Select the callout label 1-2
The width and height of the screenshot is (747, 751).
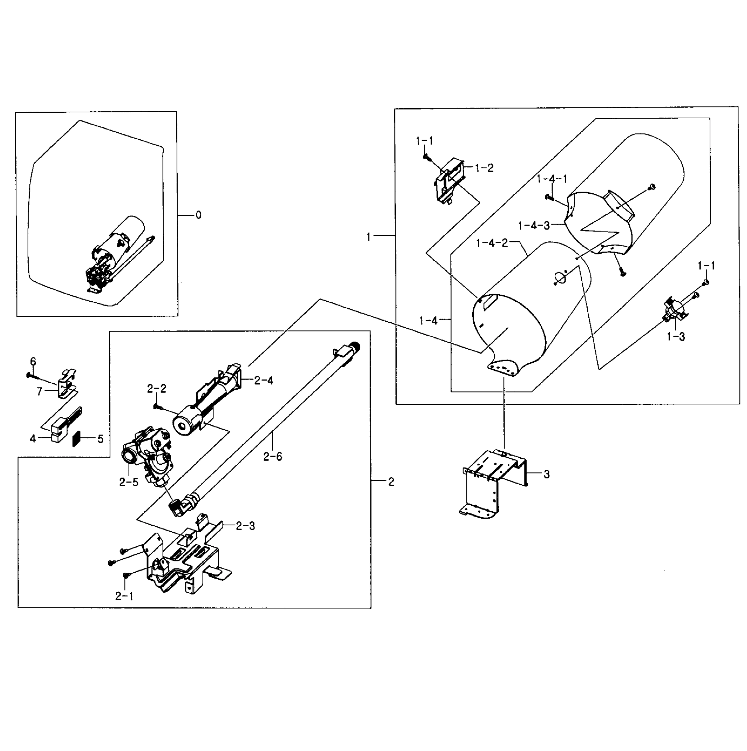click(484, 168)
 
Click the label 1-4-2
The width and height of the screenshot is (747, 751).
click(492, 243)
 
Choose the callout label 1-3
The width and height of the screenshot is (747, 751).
click(676, 337)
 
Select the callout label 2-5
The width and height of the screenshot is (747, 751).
click(129, 483)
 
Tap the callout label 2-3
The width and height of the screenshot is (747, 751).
click(245, 526)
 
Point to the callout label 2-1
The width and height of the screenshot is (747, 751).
click(124, 596)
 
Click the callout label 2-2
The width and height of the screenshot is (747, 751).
click(157, 389)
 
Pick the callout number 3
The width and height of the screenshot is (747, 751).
click(547, 474)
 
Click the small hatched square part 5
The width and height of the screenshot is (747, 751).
click(78, 438)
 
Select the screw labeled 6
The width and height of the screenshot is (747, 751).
click(30, 375)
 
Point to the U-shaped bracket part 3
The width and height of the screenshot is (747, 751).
click(494, 482)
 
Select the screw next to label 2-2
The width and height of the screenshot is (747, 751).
click(156, 406)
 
